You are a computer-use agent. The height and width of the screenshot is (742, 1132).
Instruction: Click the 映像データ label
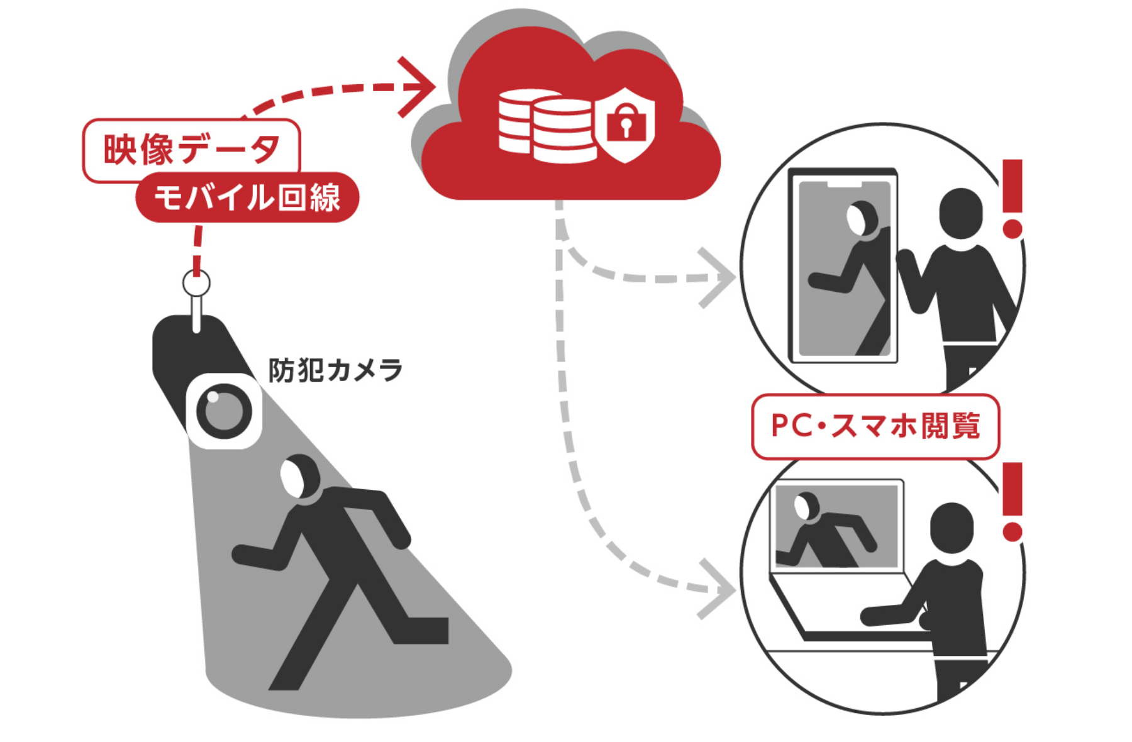pyautogui.click(x=191, y=150)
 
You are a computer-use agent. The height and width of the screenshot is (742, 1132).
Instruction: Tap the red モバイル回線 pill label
pyautogui.click(x=247, y=197)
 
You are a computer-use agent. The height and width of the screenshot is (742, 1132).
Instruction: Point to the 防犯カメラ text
pyautogui.click(x=335, y=370)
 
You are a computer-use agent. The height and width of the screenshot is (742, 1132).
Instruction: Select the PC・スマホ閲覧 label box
pyautogui.click(x=875, y=426)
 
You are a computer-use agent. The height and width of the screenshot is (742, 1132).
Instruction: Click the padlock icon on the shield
pyautogui.click(x=626, y=123)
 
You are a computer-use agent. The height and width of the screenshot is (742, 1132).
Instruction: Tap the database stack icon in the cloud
pyautogui.click(x=546, y=126)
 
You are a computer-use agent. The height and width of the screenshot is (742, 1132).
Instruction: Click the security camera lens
pyautogui.click(x=224, y=412)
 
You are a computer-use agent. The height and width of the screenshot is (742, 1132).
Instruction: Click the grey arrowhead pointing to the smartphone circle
pyautogui.click(x=720, y=277)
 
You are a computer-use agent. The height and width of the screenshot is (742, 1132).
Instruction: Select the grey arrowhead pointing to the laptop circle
pyautogui.click(x=720, y=589)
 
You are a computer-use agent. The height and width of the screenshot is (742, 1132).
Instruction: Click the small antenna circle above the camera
pyautogui.click(x=196, y=284)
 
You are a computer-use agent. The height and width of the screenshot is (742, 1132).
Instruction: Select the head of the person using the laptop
pyautogui.click(x=952, y=528)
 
